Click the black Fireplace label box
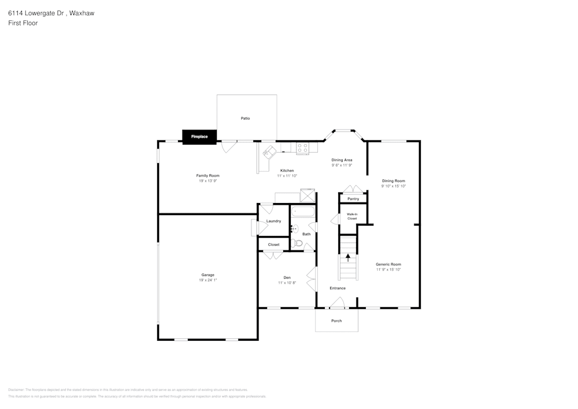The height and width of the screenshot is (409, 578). (x=199, y=137)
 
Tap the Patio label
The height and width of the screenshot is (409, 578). (x=246, y=118)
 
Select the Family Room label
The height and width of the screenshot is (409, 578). (x=208, y=175)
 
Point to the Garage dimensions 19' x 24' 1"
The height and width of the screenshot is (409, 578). (x=208, y=280)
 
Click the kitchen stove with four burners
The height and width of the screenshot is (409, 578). (x=303, y=148)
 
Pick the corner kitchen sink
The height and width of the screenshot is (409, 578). (x=269, y=152)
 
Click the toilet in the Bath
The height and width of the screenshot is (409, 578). (x=297, y=242)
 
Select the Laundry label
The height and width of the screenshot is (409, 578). (x=273, y=221)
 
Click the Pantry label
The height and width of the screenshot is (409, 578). (x=353, y=198)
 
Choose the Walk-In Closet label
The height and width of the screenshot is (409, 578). (x=352, y=216)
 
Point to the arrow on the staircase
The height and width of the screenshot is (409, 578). (x=348, y=257)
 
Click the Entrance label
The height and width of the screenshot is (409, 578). (x=338, y=288)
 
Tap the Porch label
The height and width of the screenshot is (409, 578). (x=336, y=320)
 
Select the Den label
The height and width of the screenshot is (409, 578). (x=287, y=277)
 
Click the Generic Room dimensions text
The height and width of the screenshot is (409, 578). (x=388, y=270)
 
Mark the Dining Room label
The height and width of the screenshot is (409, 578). (x=394, y=180)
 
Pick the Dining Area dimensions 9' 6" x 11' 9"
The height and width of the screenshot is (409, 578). (x=342, y=165)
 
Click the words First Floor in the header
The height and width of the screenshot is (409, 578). (x=23, y=23)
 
